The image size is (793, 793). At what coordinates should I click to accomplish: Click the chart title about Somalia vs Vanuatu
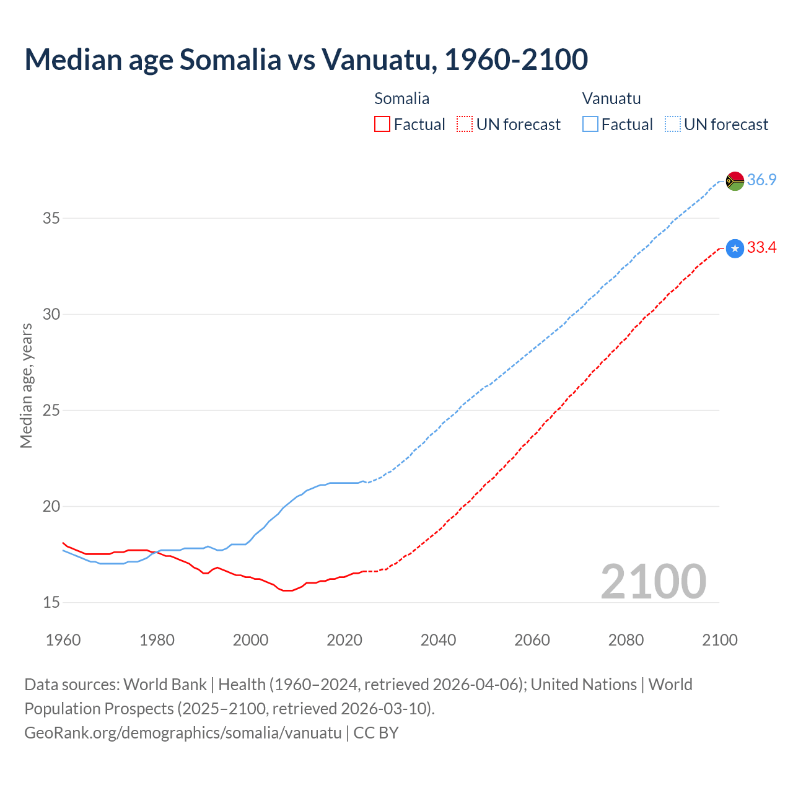pyautogui.click(x=306, y=59)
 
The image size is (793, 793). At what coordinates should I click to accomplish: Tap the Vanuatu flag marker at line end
pyautogui.click(x=735, y=181)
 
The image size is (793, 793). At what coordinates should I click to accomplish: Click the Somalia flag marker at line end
pyautogui.click(x=735, y=248)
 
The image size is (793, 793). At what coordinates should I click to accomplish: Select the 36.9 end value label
pyautogui.click(x=761, y=180)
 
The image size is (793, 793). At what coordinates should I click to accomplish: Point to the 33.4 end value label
pyautogui.click(x=761, y=248)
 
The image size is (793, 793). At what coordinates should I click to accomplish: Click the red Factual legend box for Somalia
pyautogui.click(x=382, y=125)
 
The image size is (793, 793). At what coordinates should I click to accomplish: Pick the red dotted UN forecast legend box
pyautogui.click(x=465, y=125)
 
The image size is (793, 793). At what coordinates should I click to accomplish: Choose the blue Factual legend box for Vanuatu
pyautogui.click(x=590, y=125)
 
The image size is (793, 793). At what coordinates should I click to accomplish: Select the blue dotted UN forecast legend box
pyautogui.click(x=672, y=125)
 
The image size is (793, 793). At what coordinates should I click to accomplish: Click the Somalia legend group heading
pyautogui.click(x=401, y=99)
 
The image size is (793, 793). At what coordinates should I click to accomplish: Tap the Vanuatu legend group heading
pyautogui.click(x=611, y=99)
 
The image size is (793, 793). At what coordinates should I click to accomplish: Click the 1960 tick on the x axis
pyautogui.click(x=63, y=640)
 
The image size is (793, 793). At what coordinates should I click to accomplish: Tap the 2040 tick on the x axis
pyautogui.click(x=438, y=640)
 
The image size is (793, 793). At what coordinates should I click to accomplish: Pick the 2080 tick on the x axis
pyautogui.click(x=626, y=640)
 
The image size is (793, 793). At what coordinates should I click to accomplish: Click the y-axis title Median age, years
pyautogui.click(x=26, y=385)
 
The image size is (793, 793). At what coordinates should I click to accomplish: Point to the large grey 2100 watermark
pyautogui.click(x=653, y=581)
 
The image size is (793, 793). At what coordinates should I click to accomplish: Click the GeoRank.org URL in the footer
pyautogui.click(x=183, y=732)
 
